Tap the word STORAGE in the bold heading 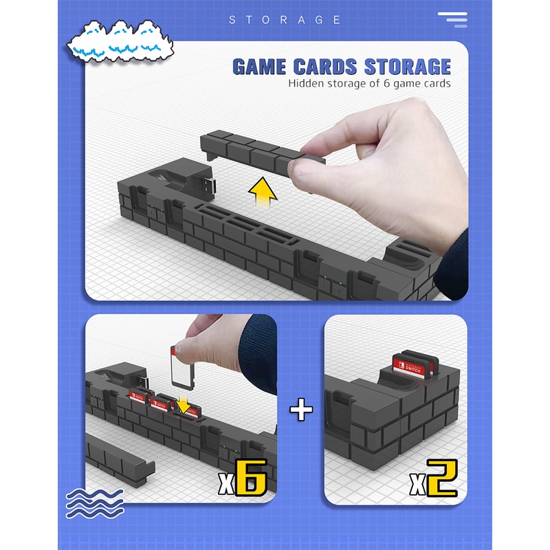407,67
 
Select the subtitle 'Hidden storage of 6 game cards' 369,84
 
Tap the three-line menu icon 453,19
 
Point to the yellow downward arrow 184,406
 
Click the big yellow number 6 251,478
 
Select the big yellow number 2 441,478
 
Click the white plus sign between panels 301,410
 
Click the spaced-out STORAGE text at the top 285,20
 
